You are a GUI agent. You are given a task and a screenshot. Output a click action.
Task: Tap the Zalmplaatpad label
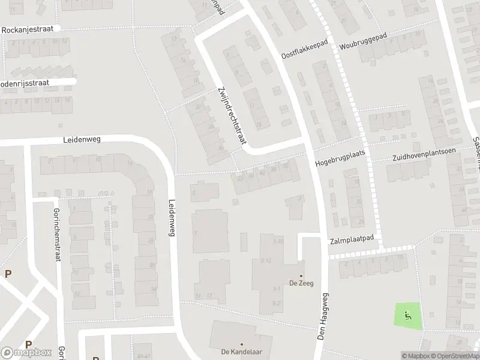(352, 239)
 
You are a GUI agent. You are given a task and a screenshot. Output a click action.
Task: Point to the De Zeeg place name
(300, 284)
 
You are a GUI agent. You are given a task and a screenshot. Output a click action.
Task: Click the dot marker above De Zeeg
(301, 276)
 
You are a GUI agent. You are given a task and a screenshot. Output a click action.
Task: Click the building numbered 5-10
(277, 241)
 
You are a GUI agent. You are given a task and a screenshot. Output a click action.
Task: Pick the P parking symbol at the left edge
(8, 274)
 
